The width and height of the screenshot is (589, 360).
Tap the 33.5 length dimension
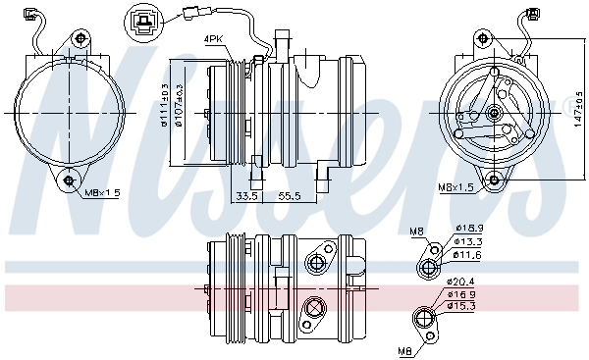coord(247,196)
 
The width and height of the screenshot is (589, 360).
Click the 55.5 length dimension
coord(289,196)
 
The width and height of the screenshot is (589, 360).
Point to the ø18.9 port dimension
coord(466,230)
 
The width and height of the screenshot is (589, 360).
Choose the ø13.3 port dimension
coord(466,242)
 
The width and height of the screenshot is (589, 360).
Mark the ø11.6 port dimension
coord(466,254)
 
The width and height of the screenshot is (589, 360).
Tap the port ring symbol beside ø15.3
coord(425,317)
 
